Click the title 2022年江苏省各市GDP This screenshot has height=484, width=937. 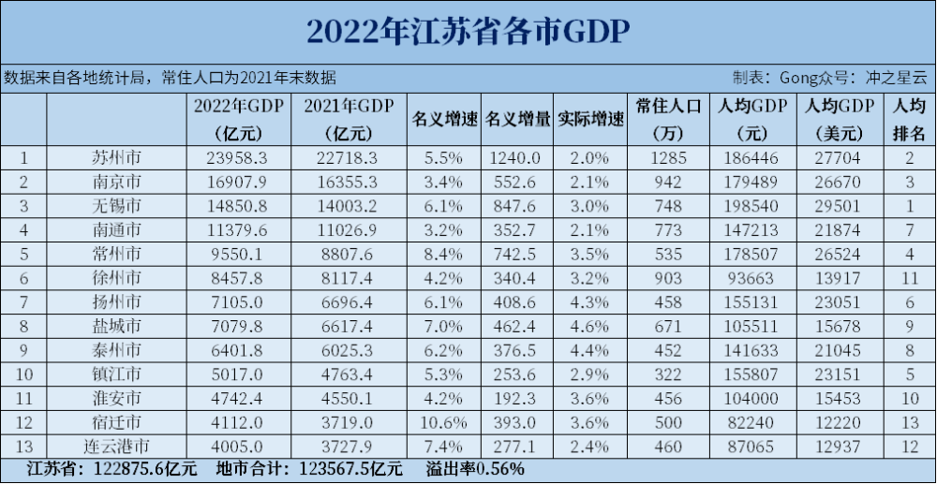tap(468, 31)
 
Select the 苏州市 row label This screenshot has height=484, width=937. tap(117, 157)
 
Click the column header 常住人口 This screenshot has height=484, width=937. tap(668, 106)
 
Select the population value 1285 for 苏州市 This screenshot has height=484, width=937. tap(668, 157)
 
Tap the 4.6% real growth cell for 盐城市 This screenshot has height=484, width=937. tap(590, 325)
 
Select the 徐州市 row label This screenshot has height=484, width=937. tap(117, 277)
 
